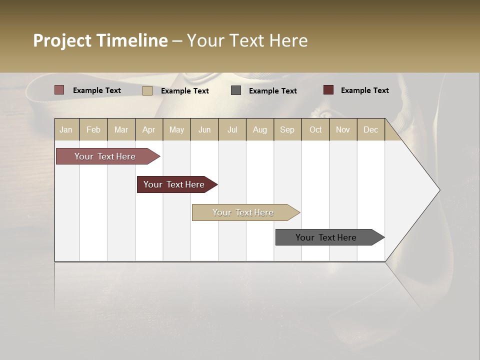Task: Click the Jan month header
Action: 66,129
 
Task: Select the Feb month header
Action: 93,129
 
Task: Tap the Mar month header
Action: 121,129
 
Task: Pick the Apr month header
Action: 149,129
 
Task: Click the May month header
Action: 176,129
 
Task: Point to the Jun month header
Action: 204,129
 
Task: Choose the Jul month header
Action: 232,129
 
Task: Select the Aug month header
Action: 260,129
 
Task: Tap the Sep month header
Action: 287,129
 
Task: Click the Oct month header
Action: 315,129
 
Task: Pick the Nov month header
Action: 343,129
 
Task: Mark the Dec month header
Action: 370,129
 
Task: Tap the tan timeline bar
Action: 243,212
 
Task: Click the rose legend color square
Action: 59,90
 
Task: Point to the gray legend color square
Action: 236,90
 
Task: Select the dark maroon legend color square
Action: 328,90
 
